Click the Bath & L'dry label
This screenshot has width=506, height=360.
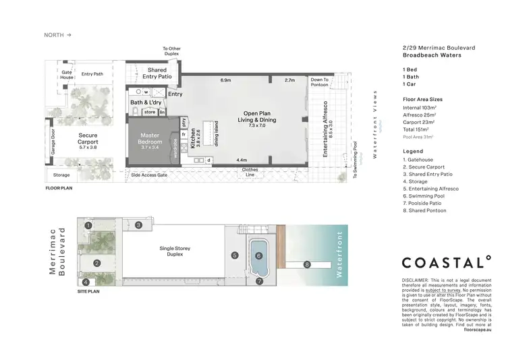(145, 102)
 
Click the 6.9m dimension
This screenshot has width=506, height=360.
(226, 80)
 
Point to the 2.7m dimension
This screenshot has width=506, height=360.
(290, 80)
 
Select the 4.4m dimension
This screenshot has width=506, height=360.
(242, 160)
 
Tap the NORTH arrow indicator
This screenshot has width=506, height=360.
(57, 34)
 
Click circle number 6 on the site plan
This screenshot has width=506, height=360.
(258, 256)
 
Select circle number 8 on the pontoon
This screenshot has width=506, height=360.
(307, 264)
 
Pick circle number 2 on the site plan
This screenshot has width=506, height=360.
(97, 263)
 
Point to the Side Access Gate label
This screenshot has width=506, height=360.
(149, 175)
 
